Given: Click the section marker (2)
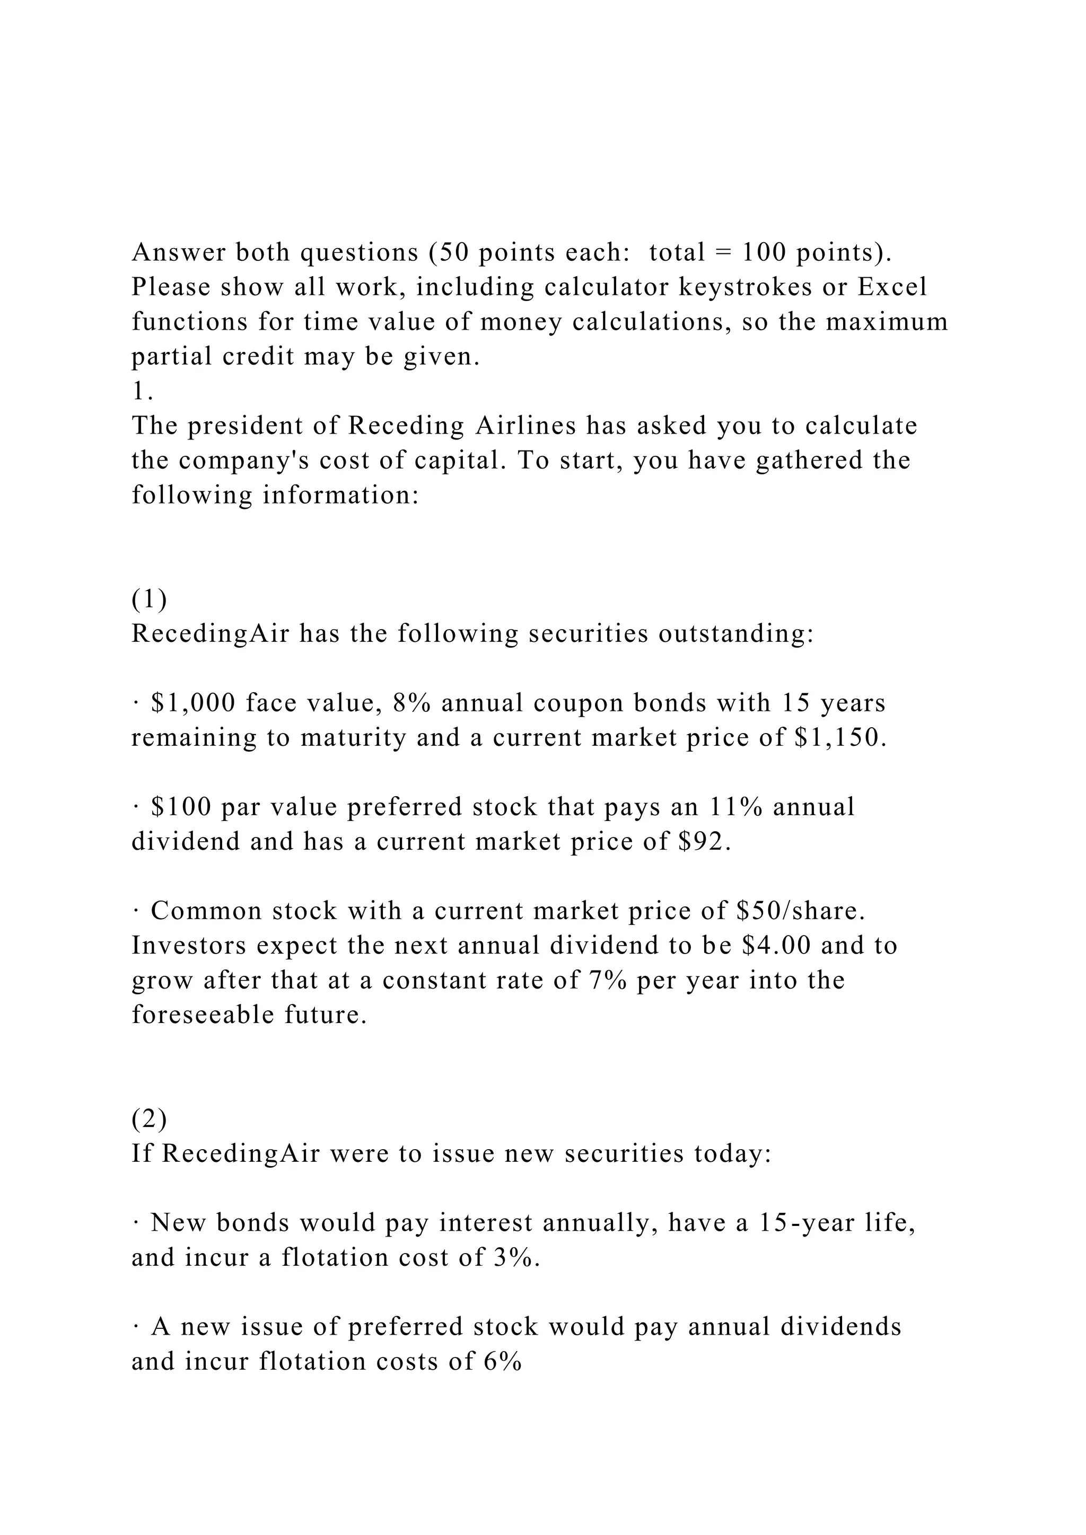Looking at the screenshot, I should click(x=149, y=1118).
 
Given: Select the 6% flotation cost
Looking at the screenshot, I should click(x=502, y=1362).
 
